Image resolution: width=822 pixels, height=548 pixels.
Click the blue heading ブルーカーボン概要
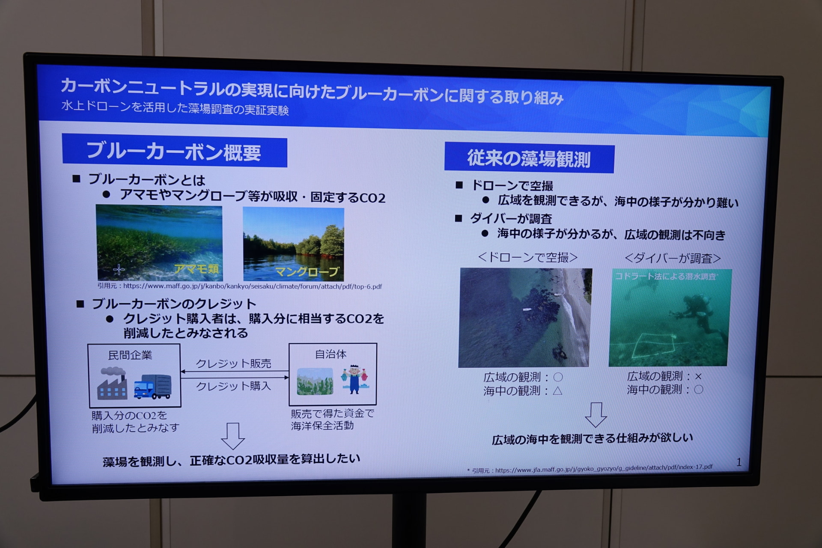[174, 152]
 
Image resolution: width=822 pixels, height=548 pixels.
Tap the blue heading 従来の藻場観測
[529, 158]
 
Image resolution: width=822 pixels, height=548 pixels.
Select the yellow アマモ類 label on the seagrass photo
[197, 269]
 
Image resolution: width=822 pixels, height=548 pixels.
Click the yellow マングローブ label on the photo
[307, 272]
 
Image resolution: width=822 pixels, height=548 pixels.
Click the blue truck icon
[152, 387]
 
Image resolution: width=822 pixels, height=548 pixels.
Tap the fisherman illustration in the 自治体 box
[354, 379]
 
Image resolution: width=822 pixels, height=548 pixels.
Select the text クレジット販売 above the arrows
[234, 363]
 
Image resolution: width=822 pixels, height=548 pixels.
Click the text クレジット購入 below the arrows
[234, 386]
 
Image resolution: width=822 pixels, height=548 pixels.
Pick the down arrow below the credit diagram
[233, 436]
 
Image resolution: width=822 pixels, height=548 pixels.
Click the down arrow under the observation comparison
[596, 414]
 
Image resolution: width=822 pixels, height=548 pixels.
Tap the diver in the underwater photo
[696, 313]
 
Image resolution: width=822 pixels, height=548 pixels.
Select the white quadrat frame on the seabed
[653, 345]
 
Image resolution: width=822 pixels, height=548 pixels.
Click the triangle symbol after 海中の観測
[557, 390]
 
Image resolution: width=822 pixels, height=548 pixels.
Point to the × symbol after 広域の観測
[698, 377]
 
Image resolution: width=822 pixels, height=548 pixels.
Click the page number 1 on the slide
[739, 462]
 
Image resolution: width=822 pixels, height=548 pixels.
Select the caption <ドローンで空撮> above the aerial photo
[528, 257]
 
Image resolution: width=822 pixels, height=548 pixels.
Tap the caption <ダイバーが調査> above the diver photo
[673, 258]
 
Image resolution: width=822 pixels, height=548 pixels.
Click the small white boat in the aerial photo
[527, 309]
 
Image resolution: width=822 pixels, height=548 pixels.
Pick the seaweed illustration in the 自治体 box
[315, 381]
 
